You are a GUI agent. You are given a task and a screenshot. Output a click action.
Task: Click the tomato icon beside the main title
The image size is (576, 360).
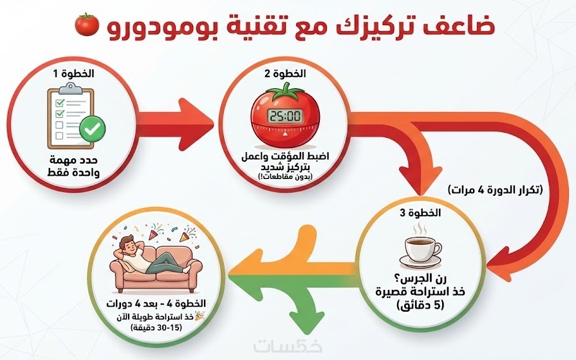pyautogui.click(x=87, y=24)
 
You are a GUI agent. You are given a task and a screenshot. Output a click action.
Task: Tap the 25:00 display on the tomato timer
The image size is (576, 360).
pyautogui.click(x=285, y=116)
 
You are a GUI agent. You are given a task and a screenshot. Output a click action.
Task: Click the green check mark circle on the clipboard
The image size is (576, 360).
pyautogui.click(x=93, y=128)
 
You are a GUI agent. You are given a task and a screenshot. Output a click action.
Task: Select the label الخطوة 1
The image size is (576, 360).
pyautogui.click(x=74, y=73)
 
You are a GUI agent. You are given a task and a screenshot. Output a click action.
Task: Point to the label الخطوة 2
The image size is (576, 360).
pyautogui.click(x=286, y=73)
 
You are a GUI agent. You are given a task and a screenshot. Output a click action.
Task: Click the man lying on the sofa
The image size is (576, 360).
pyautogui.click(x=151, y=256)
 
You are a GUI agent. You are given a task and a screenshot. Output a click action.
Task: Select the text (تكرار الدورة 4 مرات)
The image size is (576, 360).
pyautogui.click(x=496, y=190)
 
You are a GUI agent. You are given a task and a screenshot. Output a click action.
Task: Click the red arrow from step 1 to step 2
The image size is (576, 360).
pyautogui.click(x=176, y=124)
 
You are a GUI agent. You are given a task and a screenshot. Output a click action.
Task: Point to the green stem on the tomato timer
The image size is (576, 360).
pyautogui.click(x=286, y=91)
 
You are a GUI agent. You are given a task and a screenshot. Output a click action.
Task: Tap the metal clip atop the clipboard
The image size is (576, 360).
pyautogui.click(x=71, y=89)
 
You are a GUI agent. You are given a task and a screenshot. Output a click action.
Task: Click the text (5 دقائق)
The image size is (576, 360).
pyautogui.click(x=421, y=305)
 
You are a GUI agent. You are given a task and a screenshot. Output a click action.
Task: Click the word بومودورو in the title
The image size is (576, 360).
pyautogui.click(x=162, y=26)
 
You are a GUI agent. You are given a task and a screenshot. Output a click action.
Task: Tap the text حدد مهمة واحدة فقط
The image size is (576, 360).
pyautogui.click(x=73, y=166)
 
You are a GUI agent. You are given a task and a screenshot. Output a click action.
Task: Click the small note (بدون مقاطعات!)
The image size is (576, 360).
pyautogui.click(x=286, y=177)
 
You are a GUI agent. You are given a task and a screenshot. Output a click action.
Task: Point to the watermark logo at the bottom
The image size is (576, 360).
pyautogui.click(x=288, y=346)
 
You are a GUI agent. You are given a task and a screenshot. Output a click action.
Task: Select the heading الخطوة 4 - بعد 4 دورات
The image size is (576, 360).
pyautogui.click(x=156, y=304)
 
